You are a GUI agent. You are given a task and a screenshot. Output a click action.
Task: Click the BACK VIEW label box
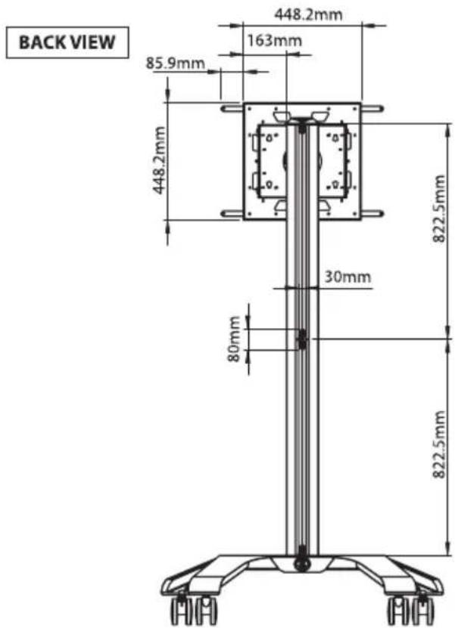[67, 42]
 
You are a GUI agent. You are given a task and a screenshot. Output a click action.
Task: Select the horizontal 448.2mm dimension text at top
[308, 14]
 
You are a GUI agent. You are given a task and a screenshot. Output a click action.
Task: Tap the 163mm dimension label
[274, 41]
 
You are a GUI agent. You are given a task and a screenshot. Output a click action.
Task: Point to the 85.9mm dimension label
[175, 63]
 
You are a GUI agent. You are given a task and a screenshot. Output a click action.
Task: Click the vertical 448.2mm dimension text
[159, 160]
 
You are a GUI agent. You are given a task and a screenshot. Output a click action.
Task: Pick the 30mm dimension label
[347, 277]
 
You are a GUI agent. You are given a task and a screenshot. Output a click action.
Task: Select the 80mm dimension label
[234, 339]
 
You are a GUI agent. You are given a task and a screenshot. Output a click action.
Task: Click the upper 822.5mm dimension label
[439, 209]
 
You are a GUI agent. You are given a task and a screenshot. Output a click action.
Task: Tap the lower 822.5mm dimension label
[439, 444]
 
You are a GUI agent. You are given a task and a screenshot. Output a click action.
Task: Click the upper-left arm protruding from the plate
[232, 109]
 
